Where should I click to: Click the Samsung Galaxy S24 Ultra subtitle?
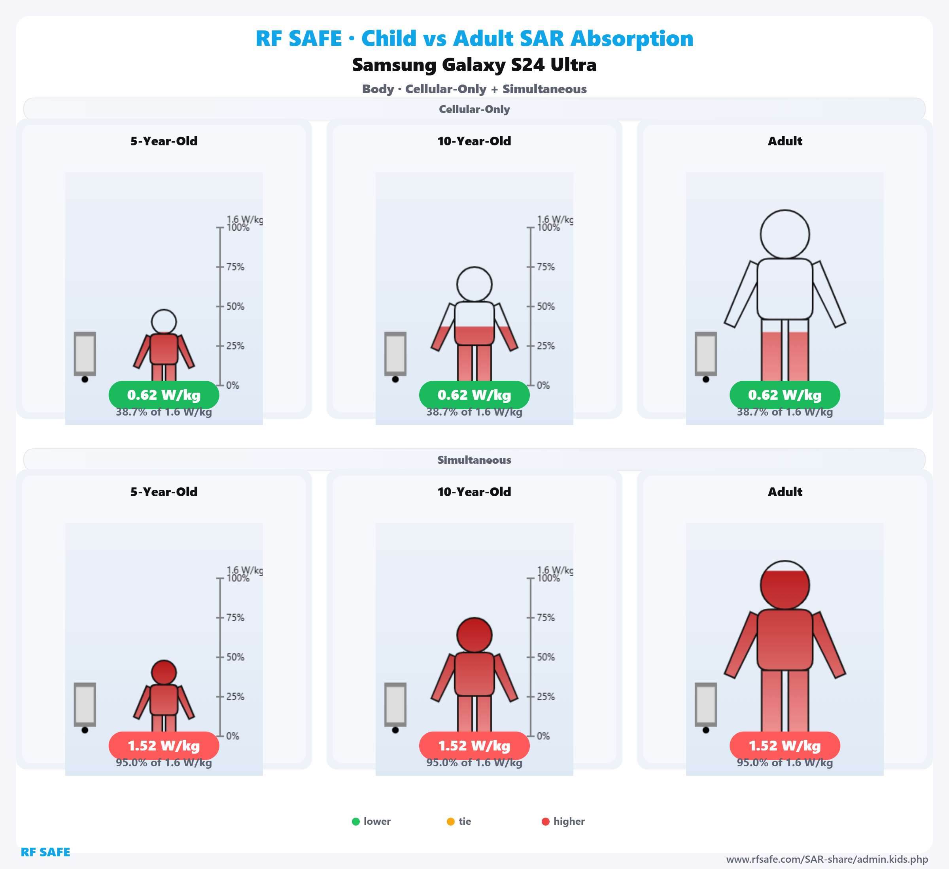tap(474, 65)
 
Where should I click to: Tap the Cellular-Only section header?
tap(474, 109)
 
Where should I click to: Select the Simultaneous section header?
tap(474, 460)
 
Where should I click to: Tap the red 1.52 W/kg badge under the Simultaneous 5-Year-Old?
tap(164, 746)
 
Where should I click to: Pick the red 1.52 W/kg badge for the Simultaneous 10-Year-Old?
tap(474, 746)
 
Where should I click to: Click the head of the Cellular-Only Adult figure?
tap(785, 234)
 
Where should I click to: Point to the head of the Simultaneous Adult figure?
tap(785, 585)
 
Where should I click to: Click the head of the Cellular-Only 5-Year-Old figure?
tap(164, 322)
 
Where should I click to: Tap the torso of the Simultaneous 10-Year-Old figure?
tap(474, 674)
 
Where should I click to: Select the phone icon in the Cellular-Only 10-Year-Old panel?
tap(395, 354)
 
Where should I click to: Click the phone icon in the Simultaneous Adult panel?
tap(706, 704)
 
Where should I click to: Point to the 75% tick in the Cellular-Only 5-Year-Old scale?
tap(220, 267)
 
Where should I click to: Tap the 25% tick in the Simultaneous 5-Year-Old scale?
tap(220, 696)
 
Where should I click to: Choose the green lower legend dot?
tap(356, 822)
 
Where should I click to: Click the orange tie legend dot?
tap(450, 822)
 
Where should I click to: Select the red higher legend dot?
tap(546, 822)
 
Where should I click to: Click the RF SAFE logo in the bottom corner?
tap(45, 852)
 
